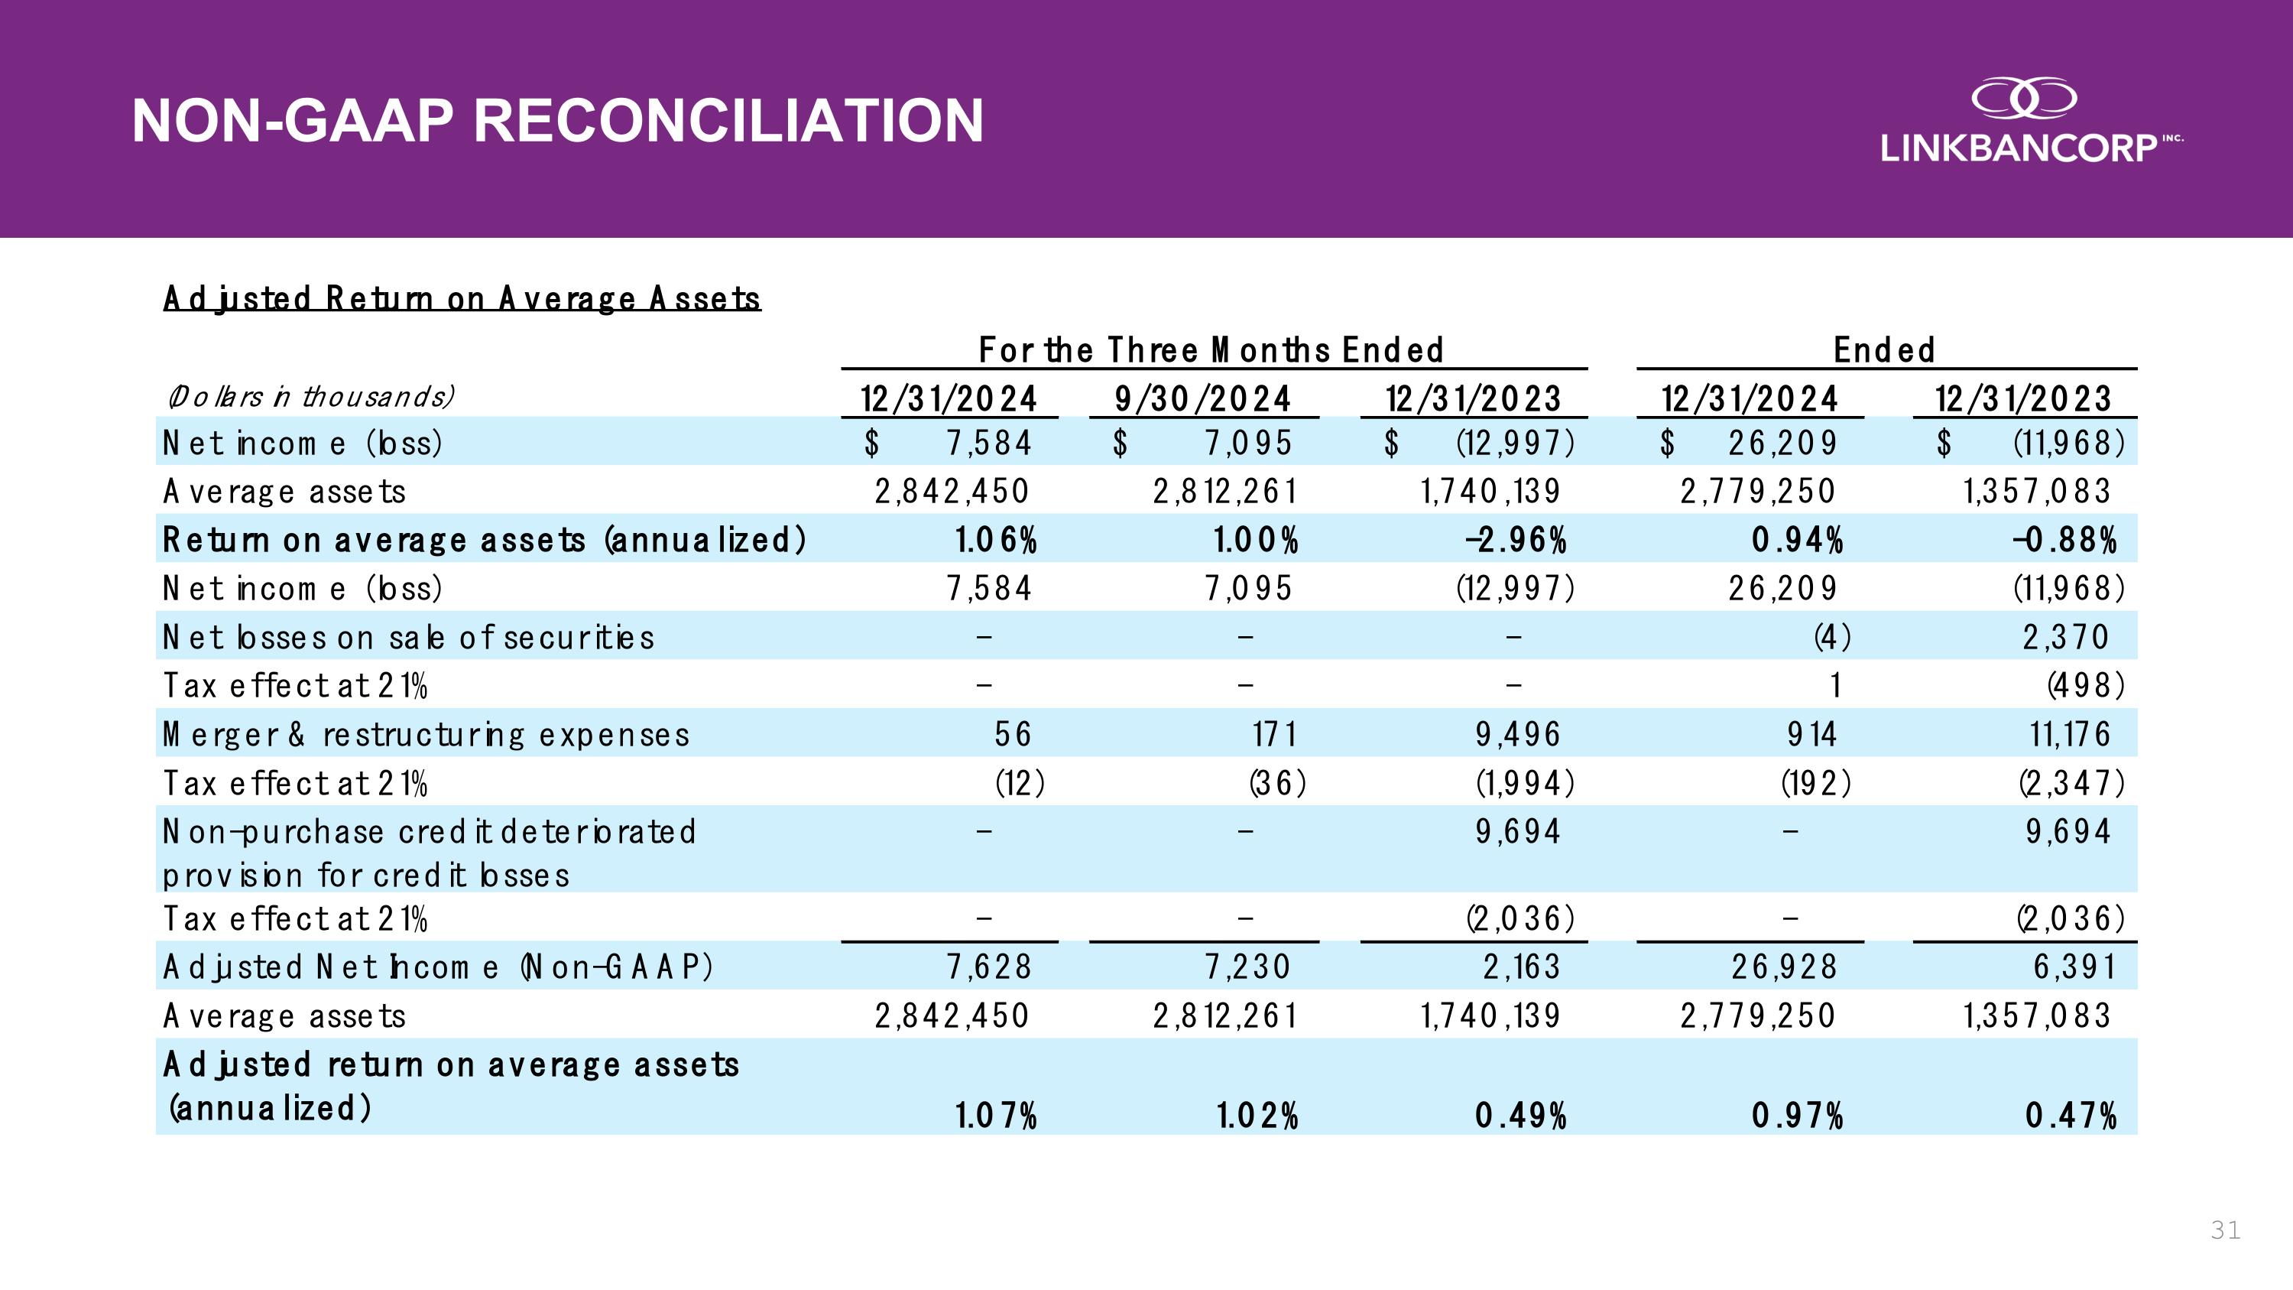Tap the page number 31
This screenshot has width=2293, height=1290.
pyautogui.click(x=2225, y=1230)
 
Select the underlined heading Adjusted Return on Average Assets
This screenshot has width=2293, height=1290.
pyautogui.click(x=462, y=297)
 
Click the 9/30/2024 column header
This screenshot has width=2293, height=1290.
pyautogui.click(x=1202, y=398)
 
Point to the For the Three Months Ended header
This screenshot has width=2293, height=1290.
pyautogui.click(x=1211, y=350)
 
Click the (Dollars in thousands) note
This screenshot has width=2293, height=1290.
pyautogui.click(x=310, y=395)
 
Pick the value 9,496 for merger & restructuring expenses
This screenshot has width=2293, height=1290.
pyautogui.click(x=1518, y=735)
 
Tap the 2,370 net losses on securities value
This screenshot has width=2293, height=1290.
pyautogui.click(x=2065, y=638)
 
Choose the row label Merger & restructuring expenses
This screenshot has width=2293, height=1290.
pyautogui.click(x=426, y=735)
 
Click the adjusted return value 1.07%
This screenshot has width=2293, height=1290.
pyautogui.click(x=996, y=1115)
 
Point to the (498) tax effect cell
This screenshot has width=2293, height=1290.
pyautogui.click(x=2086, y=685)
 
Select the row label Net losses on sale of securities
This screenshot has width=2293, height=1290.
pyautogui.click(x=407, y=638)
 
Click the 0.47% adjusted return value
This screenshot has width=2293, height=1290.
pyautogui.click(x=2071, y=1115)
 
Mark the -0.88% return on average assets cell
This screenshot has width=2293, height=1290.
pyautogui.click(x=2064, y=540)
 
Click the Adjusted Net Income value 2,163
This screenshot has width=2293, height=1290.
pyautogui.click(x=1521, y=967)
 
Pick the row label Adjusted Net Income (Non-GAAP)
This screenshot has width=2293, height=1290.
pyautogui.click(x=438, y=967)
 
